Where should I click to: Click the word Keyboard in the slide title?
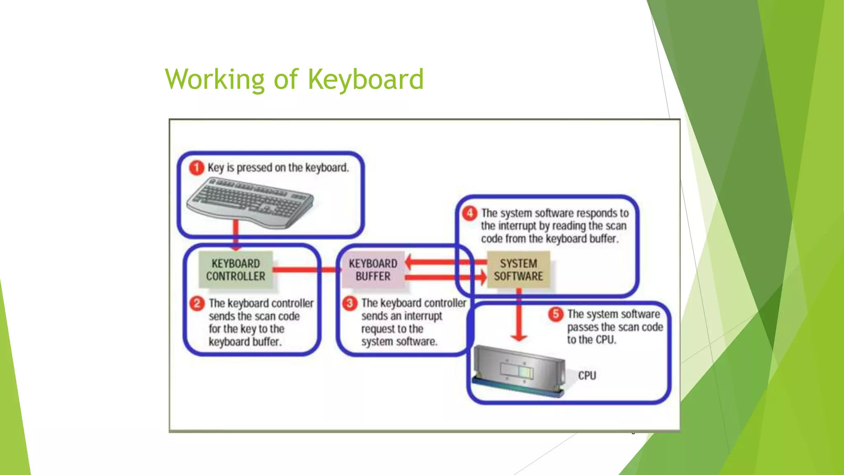point(366,79)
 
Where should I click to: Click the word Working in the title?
point(214,79)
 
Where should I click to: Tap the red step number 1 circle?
point(197,168)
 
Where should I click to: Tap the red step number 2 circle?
point(197,303)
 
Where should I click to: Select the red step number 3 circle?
point(350,303)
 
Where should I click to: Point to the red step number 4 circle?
point(470,213)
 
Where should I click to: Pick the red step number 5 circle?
point(556,314)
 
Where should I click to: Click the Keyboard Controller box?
point(236,270)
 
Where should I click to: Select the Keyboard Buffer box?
point(373,270)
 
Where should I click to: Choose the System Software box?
point(518,270)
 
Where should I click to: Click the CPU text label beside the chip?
point(587,376)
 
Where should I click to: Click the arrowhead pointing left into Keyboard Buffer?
point(409,262)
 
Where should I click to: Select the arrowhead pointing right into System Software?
point(483,277)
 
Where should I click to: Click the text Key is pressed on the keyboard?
point(278,168)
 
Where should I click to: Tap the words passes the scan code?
point(615,327)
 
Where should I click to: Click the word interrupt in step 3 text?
point(422,316)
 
